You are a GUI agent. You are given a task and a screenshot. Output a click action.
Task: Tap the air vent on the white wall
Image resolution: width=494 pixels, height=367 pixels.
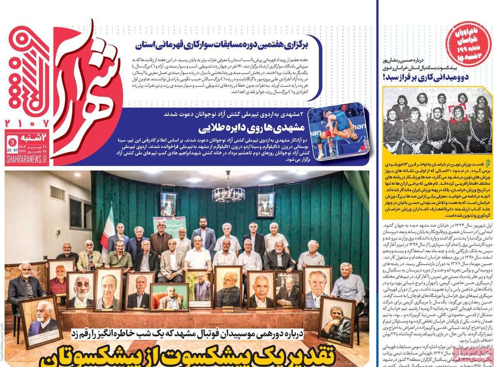tap(57, 193)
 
